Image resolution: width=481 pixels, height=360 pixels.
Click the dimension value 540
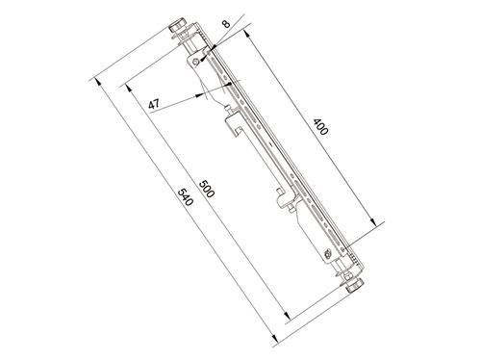(187, 199)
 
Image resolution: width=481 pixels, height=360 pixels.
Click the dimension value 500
(207, 188)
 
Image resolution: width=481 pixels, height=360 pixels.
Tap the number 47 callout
(154, 105)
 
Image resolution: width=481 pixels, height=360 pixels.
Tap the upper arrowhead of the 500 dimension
(127, 89)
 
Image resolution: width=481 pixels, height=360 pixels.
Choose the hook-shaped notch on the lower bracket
(286, 199)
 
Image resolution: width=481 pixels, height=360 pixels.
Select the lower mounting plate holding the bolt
(325, 245)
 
